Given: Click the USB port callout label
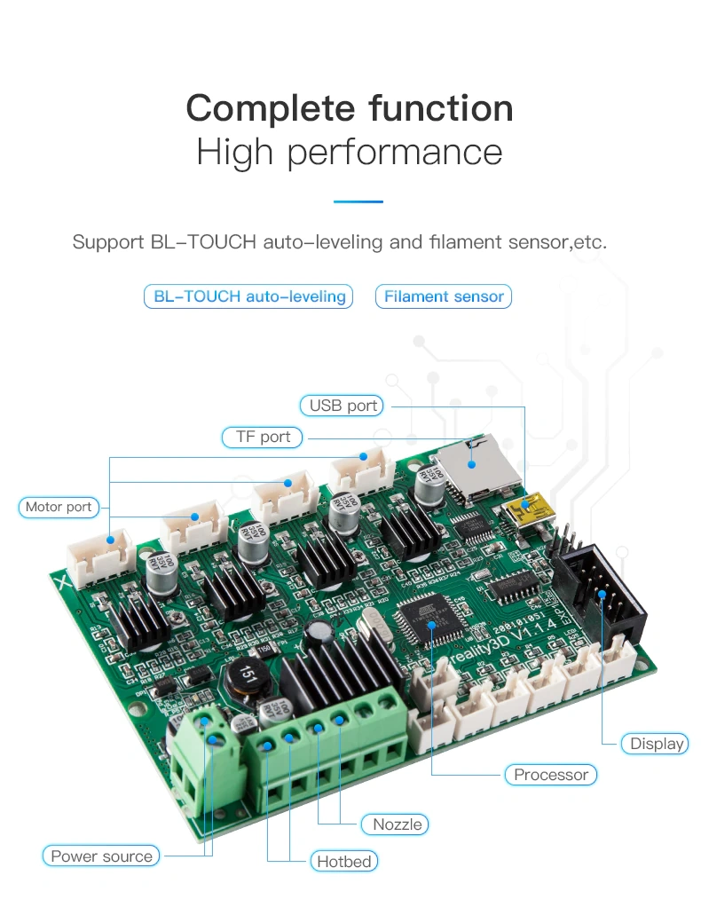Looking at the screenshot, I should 343,406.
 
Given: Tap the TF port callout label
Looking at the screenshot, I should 263,437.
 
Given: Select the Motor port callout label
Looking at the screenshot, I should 59,507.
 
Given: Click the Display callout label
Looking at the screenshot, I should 657,744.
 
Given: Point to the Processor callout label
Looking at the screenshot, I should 550,775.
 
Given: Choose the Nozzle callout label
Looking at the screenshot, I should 397,824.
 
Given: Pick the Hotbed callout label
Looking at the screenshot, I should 343,861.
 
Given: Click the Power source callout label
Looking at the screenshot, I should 101,856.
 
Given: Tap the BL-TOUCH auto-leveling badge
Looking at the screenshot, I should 249,296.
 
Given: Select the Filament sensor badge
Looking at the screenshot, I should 444,296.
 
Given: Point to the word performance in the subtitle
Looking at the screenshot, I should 395,152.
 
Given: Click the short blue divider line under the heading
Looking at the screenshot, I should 358,201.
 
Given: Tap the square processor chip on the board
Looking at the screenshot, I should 429,624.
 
